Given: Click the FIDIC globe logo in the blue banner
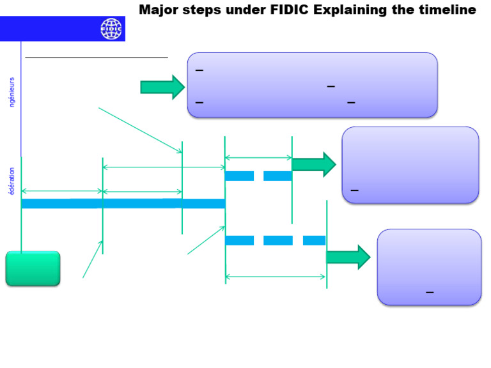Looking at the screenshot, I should coord(111,29).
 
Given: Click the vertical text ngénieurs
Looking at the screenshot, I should coord(12,92).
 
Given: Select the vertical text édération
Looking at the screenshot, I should coord(12,181).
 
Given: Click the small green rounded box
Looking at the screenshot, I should coord(33,268).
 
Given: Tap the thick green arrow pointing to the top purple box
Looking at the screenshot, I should coord(162,87).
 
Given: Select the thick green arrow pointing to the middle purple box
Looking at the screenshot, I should coord(313,164).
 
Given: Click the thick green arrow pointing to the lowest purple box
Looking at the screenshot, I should coord(348,257).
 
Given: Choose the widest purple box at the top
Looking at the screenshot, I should coord(312,85).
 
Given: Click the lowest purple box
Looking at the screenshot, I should coord(429,266).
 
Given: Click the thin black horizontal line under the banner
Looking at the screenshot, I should coord(96,57).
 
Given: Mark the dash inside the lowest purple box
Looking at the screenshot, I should coord(430,293).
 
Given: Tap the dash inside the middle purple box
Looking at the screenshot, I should coord(354,190).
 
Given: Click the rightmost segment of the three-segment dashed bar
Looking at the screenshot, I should coord(314,240).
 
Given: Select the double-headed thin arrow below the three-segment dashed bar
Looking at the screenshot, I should coord(276,277).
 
